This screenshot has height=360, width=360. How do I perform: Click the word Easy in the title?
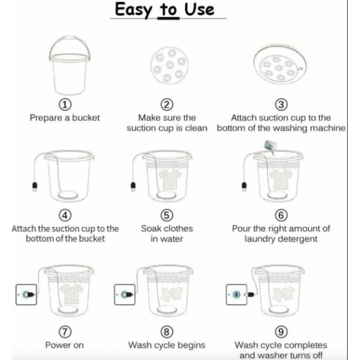click(133, 10)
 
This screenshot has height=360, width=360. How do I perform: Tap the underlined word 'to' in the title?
click(168, 10)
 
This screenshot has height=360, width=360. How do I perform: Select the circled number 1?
click(65, 104)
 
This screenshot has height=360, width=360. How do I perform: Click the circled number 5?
click(167, 215)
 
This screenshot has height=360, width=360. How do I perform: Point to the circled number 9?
click(281, 332)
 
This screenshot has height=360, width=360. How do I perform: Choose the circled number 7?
click(65, 332)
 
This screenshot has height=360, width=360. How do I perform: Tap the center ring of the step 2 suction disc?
click(170, 65)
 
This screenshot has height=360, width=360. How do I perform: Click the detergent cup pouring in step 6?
click(271, 146)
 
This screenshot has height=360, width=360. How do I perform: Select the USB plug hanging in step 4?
click(35, 186)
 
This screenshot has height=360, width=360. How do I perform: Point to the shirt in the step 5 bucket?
click(170, 179)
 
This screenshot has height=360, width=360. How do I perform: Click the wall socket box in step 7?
click(26, 295)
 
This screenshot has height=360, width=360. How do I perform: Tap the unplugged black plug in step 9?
click(250, 294)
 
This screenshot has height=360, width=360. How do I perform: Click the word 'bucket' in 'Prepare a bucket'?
click(86, 118)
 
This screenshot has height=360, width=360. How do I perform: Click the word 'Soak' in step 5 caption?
click(151, 228)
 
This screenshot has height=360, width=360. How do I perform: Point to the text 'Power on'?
click(65, 345)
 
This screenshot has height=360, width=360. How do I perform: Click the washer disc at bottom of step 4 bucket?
click(67, 195)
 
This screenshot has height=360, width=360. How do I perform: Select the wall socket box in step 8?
click(125, 295)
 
